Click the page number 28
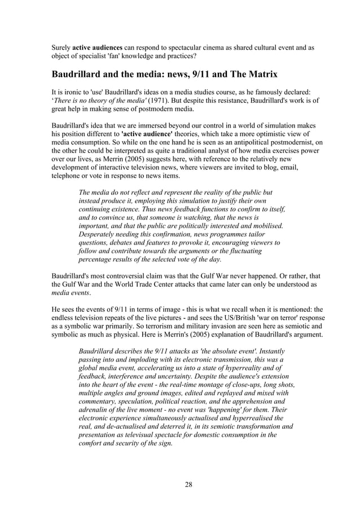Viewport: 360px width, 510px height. (x=188, y=484)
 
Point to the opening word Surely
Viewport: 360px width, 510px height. (x=62, y=47)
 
